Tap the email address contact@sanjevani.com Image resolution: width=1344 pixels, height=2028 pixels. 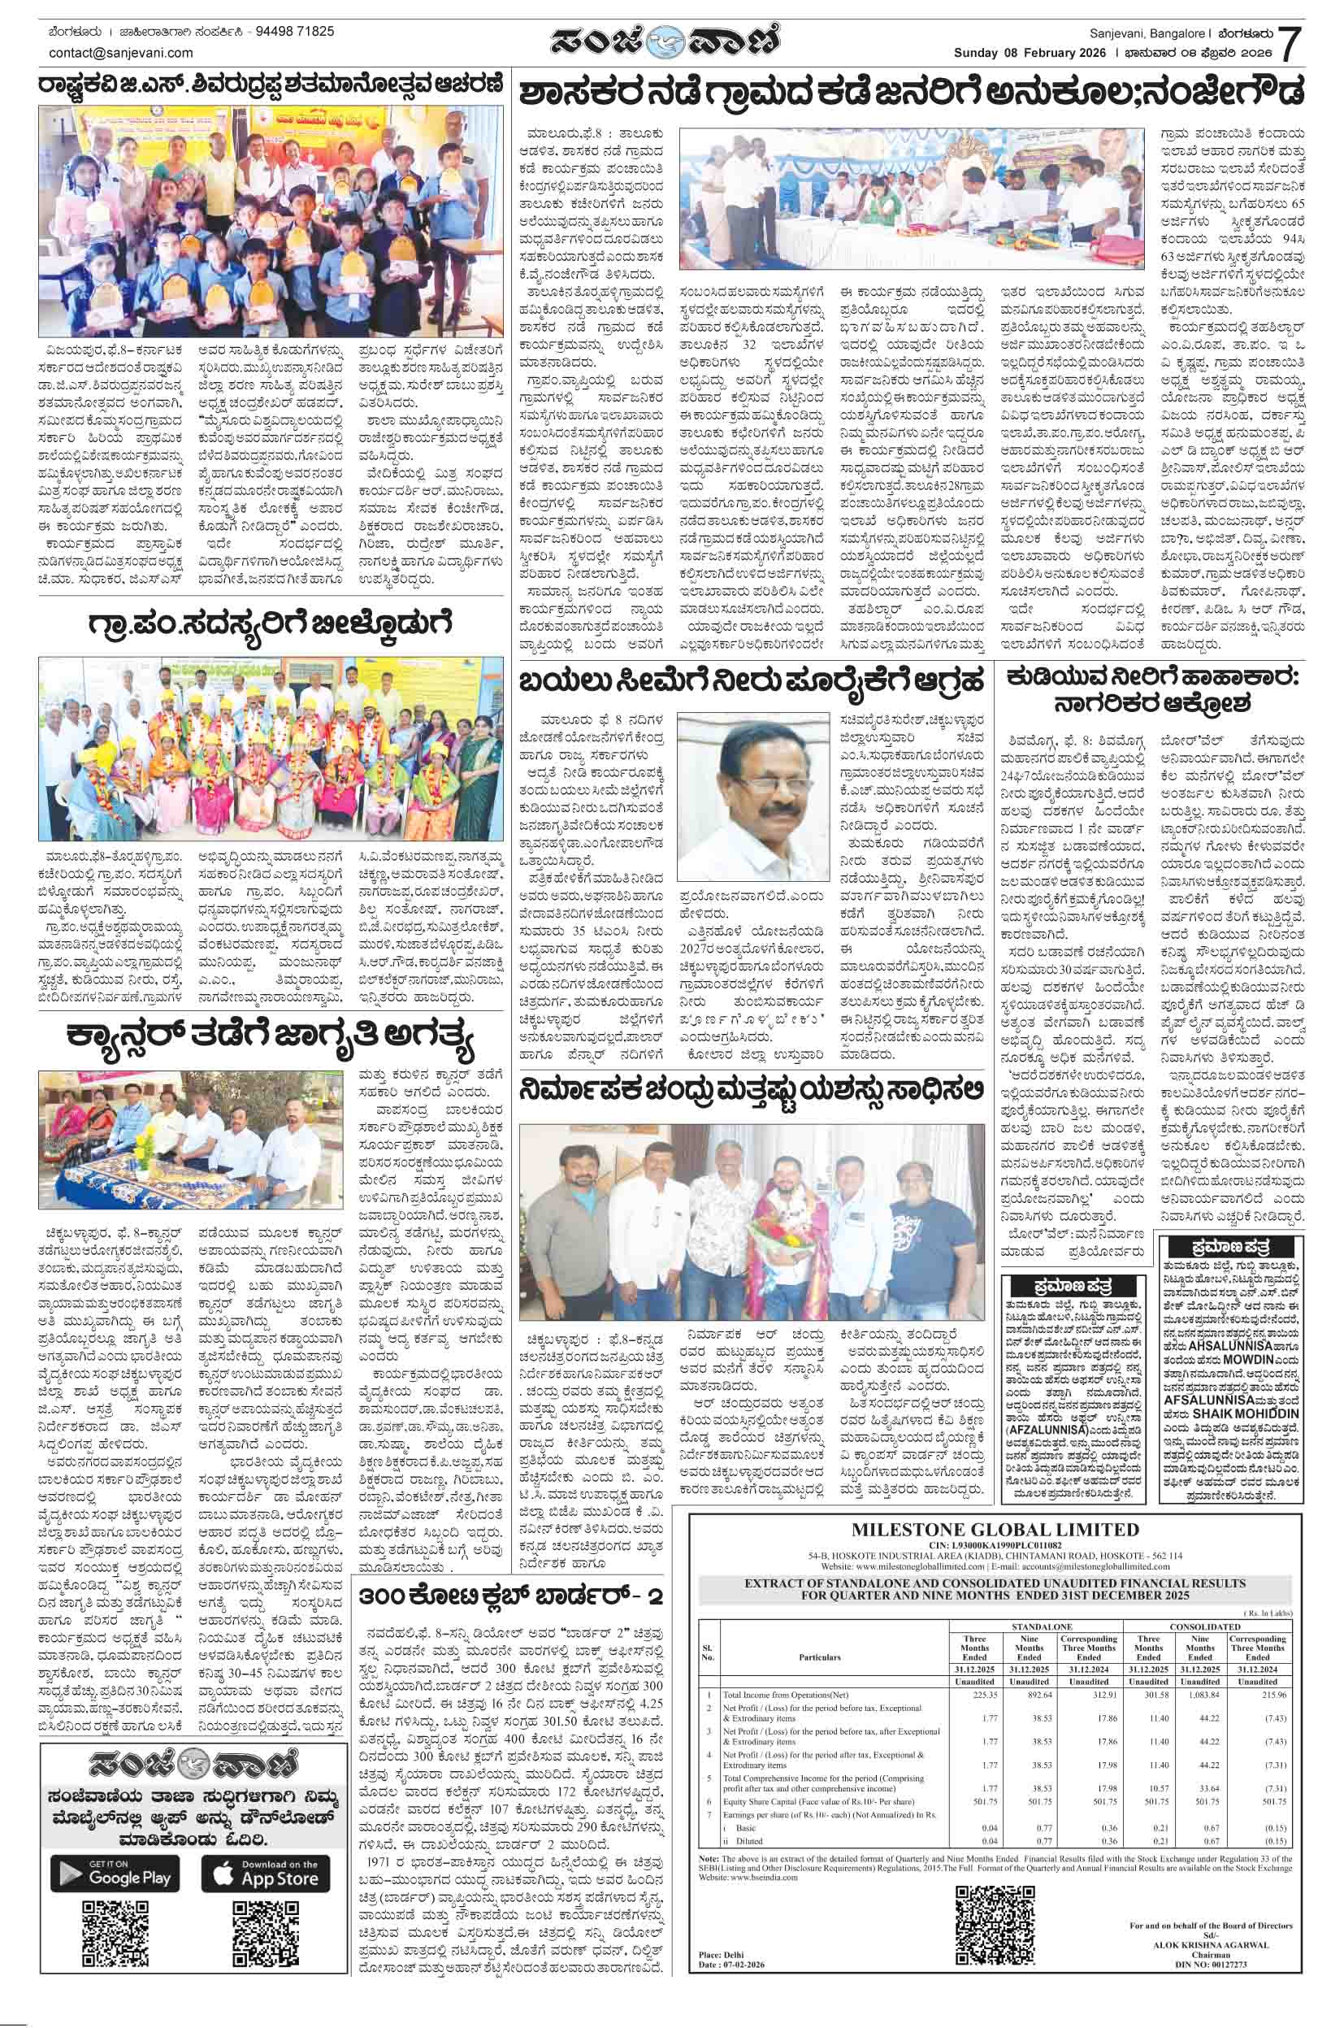[121, 52]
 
